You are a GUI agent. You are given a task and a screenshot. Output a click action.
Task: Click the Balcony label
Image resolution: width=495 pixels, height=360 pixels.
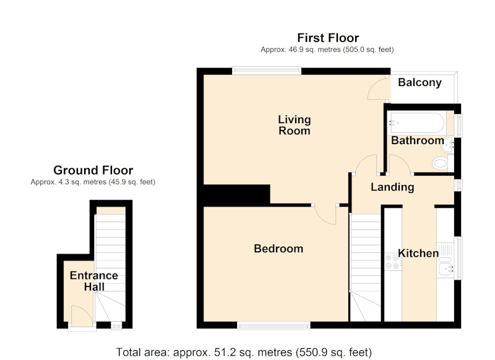[x=420, y=82]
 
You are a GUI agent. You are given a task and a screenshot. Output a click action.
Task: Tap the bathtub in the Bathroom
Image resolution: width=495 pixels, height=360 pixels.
[x=417, y=122]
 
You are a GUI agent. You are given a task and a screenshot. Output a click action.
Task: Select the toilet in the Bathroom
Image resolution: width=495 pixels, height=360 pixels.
[x=442, y=163]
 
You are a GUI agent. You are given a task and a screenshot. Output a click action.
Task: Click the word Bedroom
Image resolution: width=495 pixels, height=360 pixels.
[x=278, y=249]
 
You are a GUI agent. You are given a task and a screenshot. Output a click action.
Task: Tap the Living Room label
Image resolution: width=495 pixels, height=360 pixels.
[x=295, y=126]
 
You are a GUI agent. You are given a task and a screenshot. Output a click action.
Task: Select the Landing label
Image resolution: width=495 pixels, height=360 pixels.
[x=392, y=187]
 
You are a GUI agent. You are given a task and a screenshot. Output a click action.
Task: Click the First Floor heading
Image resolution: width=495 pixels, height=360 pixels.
[x=328, y=38]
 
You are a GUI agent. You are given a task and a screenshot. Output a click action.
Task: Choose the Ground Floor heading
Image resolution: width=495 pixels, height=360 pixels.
[x=93, y=170]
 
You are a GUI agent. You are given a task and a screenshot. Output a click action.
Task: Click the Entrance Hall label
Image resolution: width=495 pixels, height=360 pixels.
[x=94, y=281]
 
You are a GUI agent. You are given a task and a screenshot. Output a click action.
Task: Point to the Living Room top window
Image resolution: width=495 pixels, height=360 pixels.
[x=267, y=71]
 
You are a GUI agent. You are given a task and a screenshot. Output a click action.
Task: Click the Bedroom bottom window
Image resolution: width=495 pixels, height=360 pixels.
[x=273, y=325]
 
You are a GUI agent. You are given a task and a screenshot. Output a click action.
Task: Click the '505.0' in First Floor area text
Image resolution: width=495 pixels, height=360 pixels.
[x=358, y=49]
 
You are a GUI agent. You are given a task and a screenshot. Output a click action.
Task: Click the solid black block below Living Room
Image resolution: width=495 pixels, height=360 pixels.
[x=237, y=195]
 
